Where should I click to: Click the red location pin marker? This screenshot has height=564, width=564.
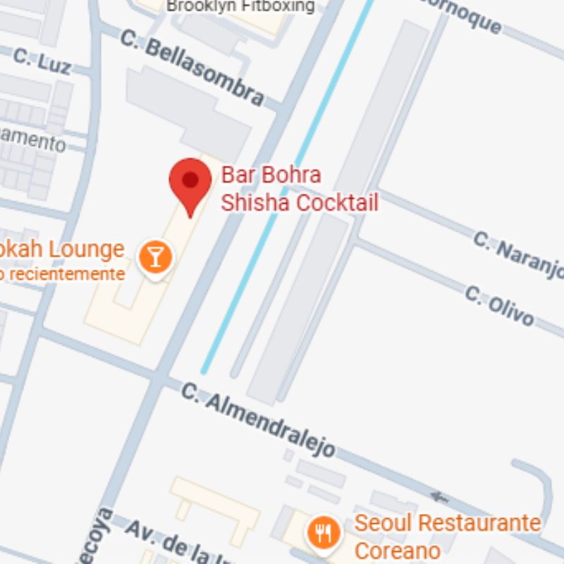coord(190,182)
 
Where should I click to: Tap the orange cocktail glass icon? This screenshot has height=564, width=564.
coord(155,256)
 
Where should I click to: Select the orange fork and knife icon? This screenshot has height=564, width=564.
coord(324,532)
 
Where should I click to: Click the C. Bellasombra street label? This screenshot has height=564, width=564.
coord(192,67)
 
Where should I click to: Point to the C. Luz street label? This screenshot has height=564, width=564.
coord(42,61)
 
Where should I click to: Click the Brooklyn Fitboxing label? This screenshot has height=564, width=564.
coord(240,6)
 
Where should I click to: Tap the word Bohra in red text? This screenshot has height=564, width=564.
coord(288,175)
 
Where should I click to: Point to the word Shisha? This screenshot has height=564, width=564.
coord(255,202)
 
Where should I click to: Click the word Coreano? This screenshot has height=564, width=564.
coord(398,550)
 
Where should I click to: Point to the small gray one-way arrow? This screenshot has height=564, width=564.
coord(439,497)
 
